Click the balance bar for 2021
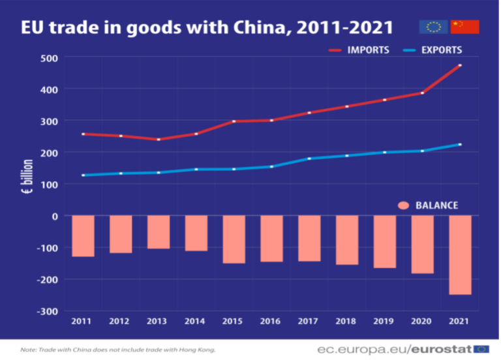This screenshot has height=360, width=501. pos(460,255)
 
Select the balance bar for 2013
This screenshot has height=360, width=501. pos(159,232)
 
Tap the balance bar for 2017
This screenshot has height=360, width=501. pos(309,238)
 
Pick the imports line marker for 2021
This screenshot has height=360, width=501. pos(460,65)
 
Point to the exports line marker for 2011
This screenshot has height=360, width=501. pos(83,175)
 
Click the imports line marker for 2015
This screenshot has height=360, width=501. pos(234,121)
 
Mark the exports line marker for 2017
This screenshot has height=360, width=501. pos(309,158)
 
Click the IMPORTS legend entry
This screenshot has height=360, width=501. pos(359,50)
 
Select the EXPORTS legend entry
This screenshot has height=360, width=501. pos(433,50)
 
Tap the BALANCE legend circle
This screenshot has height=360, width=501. pos(404,205)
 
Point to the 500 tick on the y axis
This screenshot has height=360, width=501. pos(49,59)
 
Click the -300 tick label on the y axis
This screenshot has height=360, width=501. pos(47,312)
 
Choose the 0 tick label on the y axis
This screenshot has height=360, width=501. pos(55,217)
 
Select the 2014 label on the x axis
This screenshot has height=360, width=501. pos(194,321)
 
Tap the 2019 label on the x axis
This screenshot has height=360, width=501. pos(384,321)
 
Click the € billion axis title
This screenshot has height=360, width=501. pos(27,176)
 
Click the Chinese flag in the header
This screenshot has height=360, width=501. pos(465,27)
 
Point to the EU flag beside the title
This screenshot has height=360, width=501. pos(434,27)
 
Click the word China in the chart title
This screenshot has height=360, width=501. pos(259,27)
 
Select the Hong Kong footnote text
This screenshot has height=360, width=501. pos(118,350)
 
